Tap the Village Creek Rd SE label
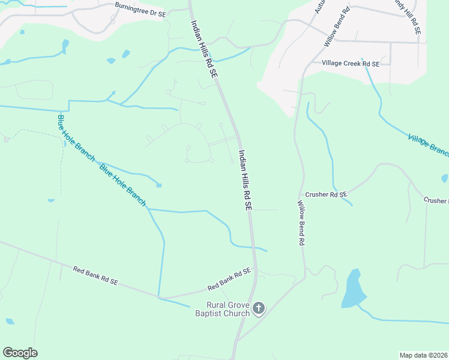[x=350, y=63]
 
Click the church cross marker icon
[x=258, y=308]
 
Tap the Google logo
[x=20, y=353]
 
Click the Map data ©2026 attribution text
[x=424, y=355]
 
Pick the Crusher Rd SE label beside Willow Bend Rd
[x=326, y=194]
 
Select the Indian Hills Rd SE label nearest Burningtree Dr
[x=203, y=49]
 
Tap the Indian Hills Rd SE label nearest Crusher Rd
[x=244, y=179]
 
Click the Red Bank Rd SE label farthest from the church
[x=95, y=275]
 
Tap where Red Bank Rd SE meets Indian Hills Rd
[x=256, y=271]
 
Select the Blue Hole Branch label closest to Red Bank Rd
[x=123, y=185]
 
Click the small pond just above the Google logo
[x=9, y=321]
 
